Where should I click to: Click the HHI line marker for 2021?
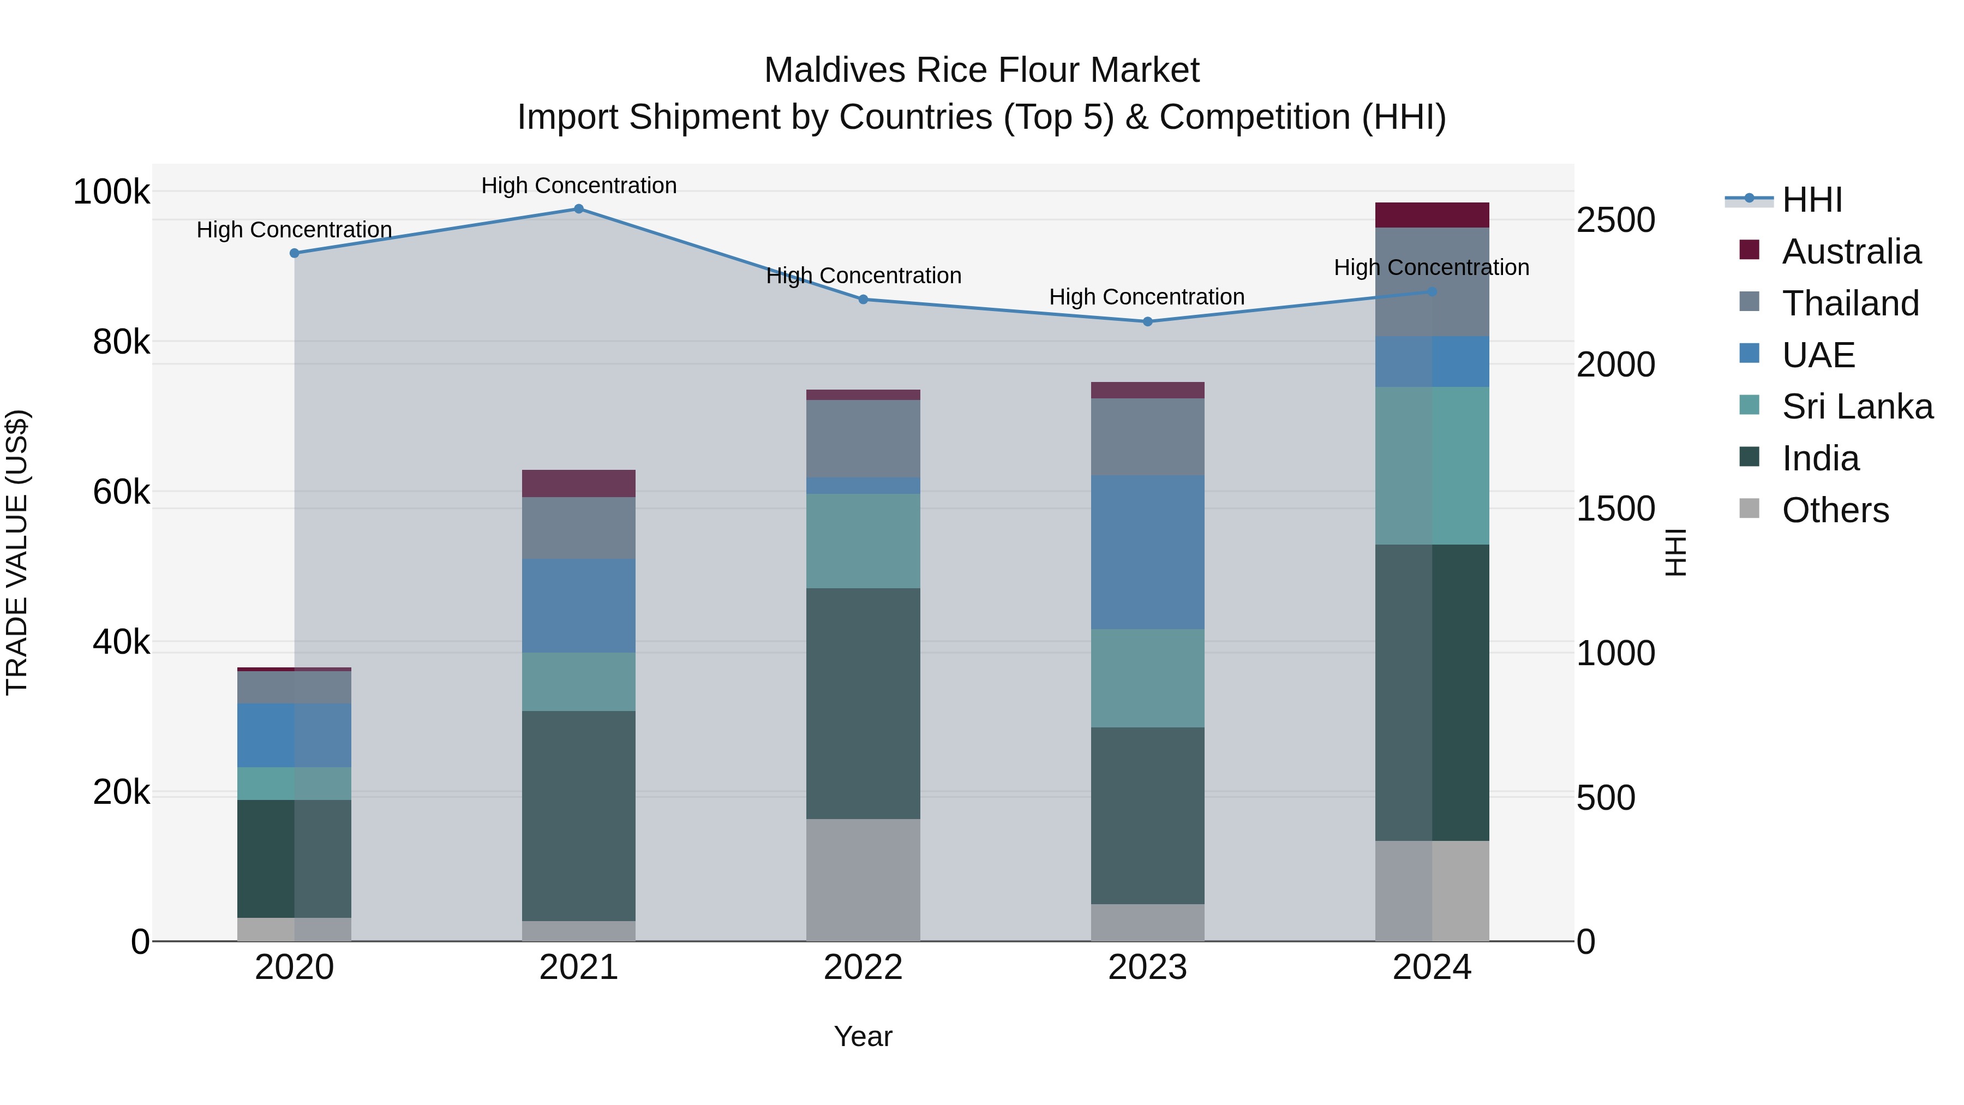[579, 209]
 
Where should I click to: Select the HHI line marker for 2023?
[1147, 322]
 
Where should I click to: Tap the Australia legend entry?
[1851, 252]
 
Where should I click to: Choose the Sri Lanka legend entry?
[1857, 407]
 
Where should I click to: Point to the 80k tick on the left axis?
[121, 342]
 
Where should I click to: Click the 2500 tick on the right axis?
[1615, 220]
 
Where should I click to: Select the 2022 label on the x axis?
[863, 967]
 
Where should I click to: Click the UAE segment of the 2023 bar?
[1147, 552]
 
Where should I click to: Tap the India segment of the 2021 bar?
[579, 816]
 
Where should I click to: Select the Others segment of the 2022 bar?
[863, 880]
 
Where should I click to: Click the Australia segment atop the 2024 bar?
[1432, 215]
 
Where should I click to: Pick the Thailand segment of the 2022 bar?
[863, 439]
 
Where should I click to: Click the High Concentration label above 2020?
[294, 230]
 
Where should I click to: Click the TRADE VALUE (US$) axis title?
[17, 552]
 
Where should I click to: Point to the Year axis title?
[863, 1036]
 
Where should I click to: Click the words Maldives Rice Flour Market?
[981, 70]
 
